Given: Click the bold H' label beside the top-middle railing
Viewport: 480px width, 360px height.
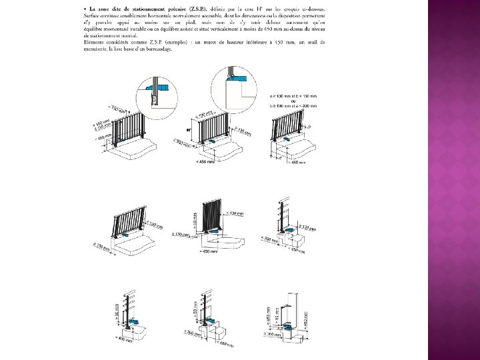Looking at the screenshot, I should [x=189, y=130].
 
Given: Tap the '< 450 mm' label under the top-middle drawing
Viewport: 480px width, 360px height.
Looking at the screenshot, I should [x=205, y=161].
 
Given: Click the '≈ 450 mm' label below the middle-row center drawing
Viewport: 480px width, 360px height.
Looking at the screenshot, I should [x=209, y=251].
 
